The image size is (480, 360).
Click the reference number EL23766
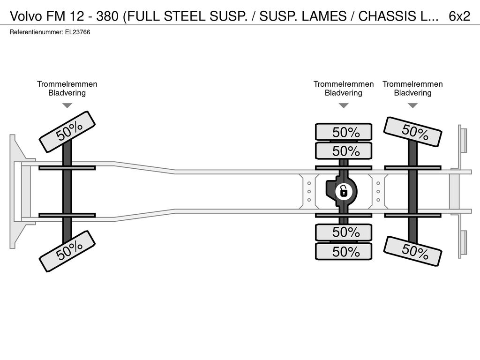77,32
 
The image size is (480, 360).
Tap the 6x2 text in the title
459,16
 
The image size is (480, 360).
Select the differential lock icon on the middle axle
344,192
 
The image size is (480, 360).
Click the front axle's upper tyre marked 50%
67,132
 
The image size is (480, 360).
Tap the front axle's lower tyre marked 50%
67,251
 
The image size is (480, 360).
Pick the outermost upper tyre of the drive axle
344,132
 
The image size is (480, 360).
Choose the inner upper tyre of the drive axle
344,151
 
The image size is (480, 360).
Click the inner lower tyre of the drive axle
344,232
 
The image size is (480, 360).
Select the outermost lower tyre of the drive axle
344,252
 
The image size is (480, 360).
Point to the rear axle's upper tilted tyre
412,132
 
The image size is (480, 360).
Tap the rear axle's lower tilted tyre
412,251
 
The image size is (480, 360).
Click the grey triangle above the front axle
67,105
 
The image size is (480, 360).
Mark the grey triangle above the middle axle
344,105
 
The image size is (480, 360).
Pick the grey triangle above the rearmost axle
412,105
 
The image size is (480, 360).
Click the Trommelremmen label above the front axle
67,84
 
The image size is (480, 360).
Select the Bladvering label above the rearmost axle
412,93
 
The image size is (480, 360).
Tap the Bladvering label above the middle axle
344,93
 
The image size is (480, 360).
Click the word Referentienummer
37,32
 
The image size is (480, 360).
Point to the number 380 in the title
107,16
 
